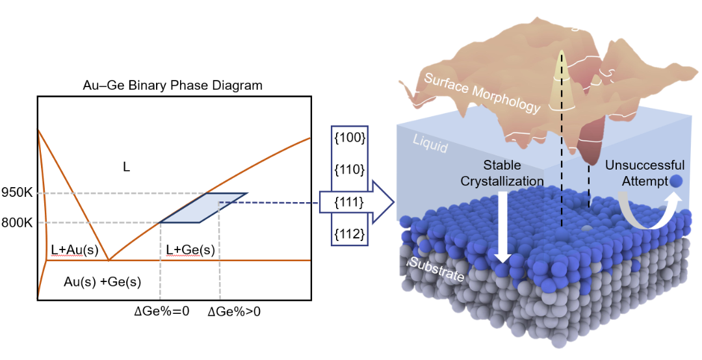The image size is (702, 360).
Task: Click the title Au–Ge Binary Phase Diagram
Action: point(173,85)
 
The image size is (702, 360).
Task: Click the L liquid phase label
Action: point(127,167)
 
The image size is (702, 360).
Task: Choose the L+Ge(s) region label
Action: point(190,250)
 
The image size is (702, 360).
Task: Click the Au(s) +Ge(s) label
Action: point(103,282)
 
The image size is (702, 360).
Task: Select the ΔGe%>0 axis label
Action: point(234,311)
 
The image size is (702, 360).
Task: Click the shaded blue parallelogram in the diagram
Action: point(203,208)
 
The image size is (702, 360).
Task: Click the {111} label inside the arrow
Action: point(348,202)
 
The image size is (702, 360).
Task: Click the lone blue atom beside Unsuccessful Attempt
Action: point(677,181)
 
